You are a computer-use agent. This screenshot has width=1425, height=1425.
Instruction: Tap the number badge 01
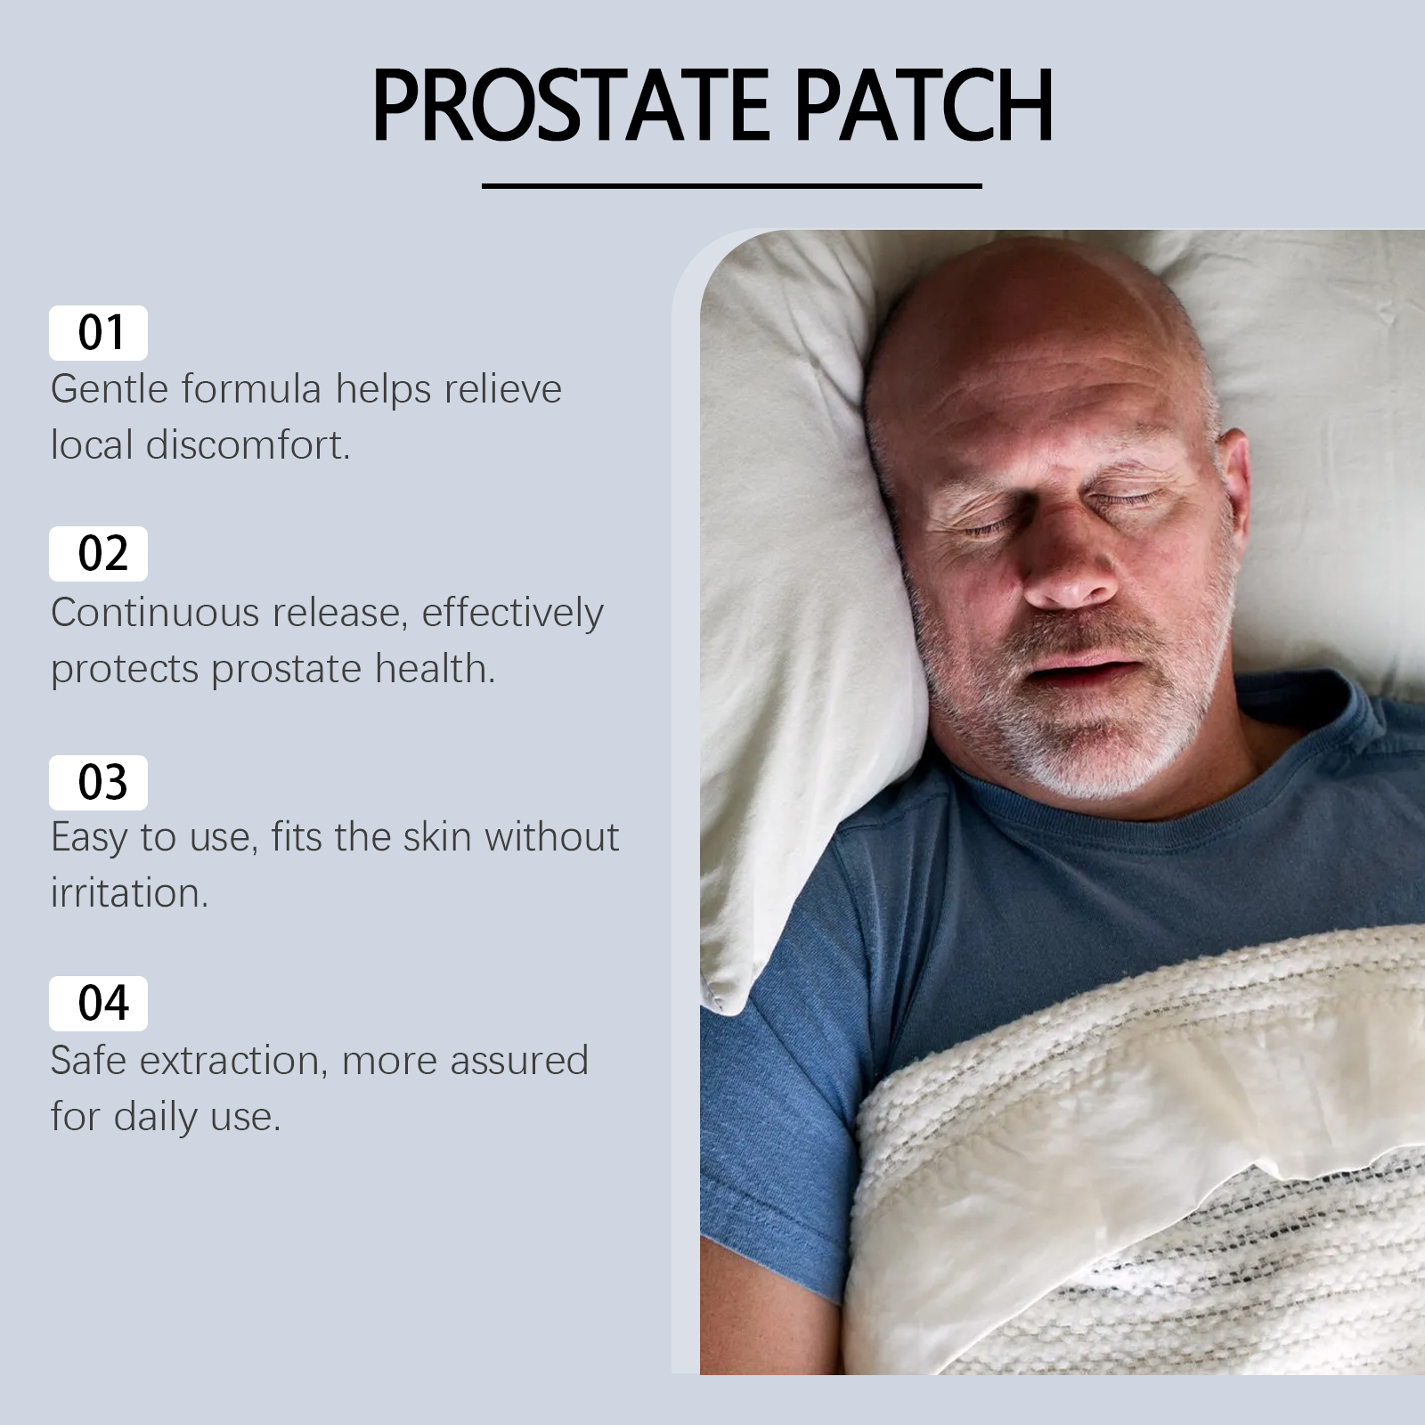coord(98,333)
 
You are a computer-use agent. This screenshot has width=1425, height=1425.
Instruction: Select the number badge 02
coord(98,554)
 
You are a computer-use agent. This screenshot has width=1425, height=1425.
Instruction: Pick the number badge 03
coord(98,783)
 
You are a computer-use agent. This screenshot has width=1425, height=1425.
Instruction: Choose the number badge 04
coord(98,1004)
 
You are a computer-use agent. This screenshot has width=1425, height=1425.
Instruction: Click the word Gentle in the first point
coord(110,389)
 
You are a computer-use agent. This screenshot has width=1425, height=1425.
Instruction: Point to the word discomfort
coord(248,444)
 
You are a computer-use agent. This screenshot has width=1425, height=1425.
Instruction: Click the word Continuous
coord(154,613)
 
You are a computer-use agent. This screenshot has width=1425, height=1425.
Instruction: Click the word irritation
coord(129,892)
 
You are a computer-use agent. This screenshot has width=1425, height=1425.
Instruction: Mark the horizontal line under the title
coord(732,186)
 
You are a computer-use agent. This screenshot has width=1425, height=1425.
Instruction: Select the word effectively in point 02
coord(512,613)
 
